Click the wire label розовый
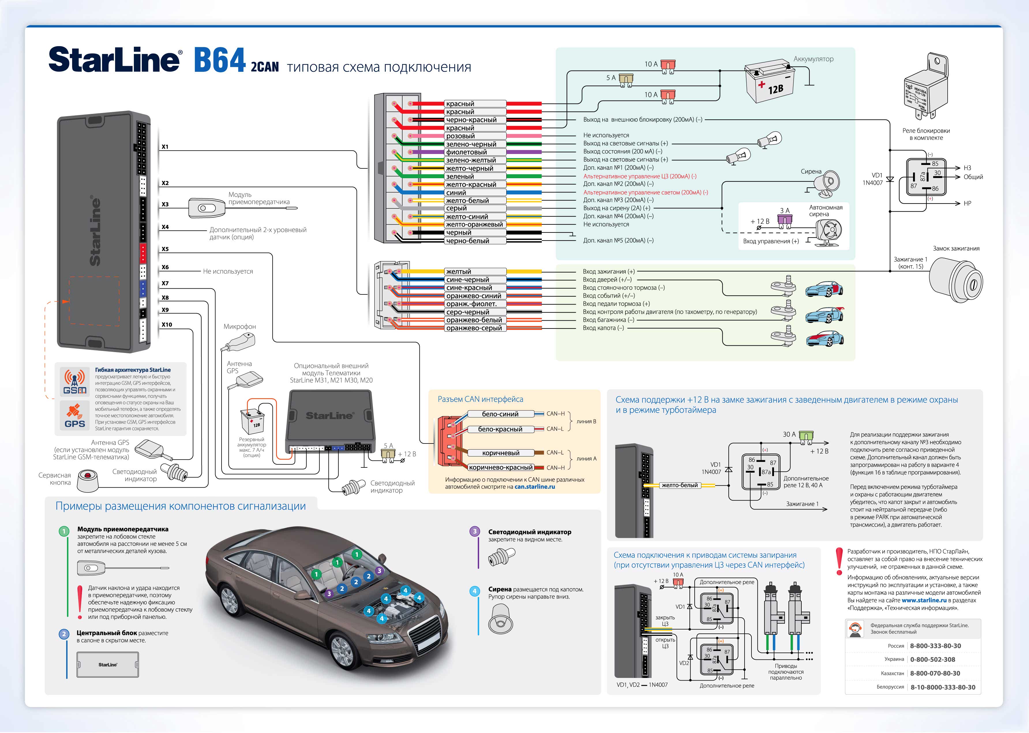[x=460, y=136]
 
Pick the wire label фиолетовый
[x=466, y=152]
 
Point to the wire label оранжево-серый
[x=474, y=328]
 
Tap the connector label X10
[x=167, y=324]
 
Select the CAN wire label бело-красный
[x=500, y=429]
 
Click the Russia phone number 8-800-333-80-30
[x=935, y=646]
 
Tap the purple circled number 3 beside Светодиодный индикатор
[x=475, y=531]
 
